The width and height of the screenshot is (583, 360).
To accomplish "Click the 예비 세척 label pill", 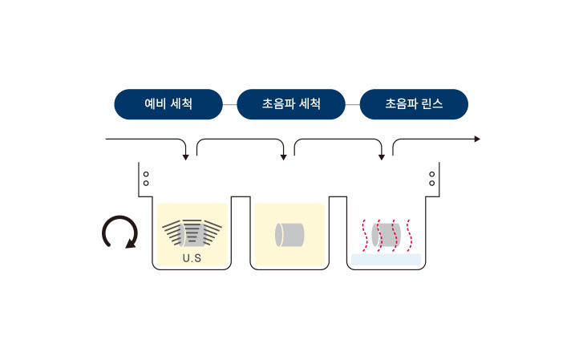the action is click(x=168, y=104).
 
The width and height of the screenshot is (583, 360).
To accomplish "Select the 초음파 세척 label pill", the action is click(x=291, y=104).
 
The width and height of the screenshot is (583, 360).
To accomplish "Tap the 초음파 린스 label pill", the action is click(x=414, y=104).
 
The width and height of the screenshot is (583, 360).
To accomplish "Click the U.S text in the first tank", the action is click(x=192, y=258).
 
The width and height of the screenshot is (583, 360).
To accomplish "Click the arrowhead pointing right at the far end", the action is click(x=477, y=139).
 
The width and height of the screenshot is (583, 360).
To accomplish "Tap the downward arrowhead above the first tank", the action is click(x=185, y=158).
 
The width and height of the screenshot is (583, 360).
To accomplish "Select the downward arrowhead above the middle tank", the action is click(x=283, y=158).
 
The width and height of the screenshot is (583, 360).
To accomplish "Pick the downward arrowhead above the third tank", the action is click(x=381, y=158).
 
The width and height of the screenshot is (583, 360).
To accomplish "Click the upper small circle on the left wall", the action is click(x=146, y=174).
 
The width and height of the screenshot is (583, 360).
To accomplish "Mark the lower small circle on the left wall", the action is click(x=146, y=183).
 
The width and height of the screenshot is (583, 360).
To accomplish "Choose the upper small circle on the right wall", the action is click(x=431, y=174).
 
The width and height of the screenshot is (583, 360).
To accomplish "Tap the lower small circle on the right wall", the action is click(x=431, y=183).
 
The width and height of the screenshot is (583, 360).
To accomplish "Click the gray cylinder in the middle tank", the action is click(x=289, y=235).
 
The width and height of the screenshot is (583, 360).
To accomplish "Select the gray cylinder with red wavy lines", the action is click(x=386, y=235).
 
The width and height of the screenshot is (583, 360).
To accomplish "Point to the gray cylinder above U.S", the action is click(x=192, y=235).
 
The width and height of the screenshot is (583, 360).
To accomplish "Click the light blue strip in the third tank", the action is click(x=386, y=260).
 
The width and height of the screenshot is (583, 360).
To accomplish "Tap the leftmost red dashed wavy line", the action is click(x=365, y=236).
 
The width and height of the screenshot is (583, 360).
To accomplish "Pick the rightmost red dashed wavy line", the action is click(x=409, y=236).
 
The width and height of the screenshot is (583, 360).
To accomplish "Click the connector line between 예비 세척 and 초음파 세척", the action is click(x=230, y=104).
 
